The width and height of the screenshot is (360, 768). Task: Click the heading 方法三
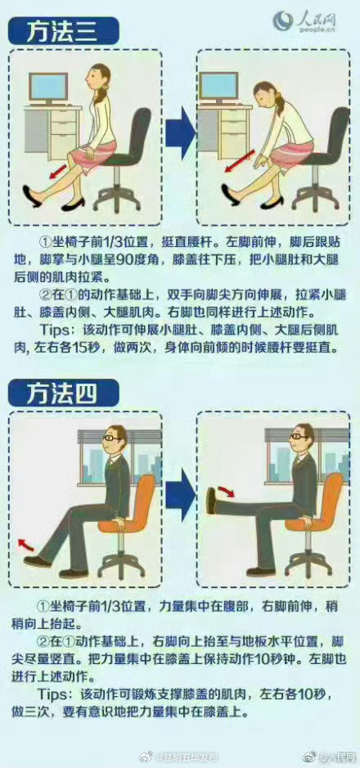[x=63, y=33]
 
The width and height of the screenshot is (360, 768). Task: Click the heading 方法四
[x=63, y=393]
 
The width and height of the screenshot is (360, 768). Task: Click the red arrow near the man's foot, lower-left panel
[x=28, y=544]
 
